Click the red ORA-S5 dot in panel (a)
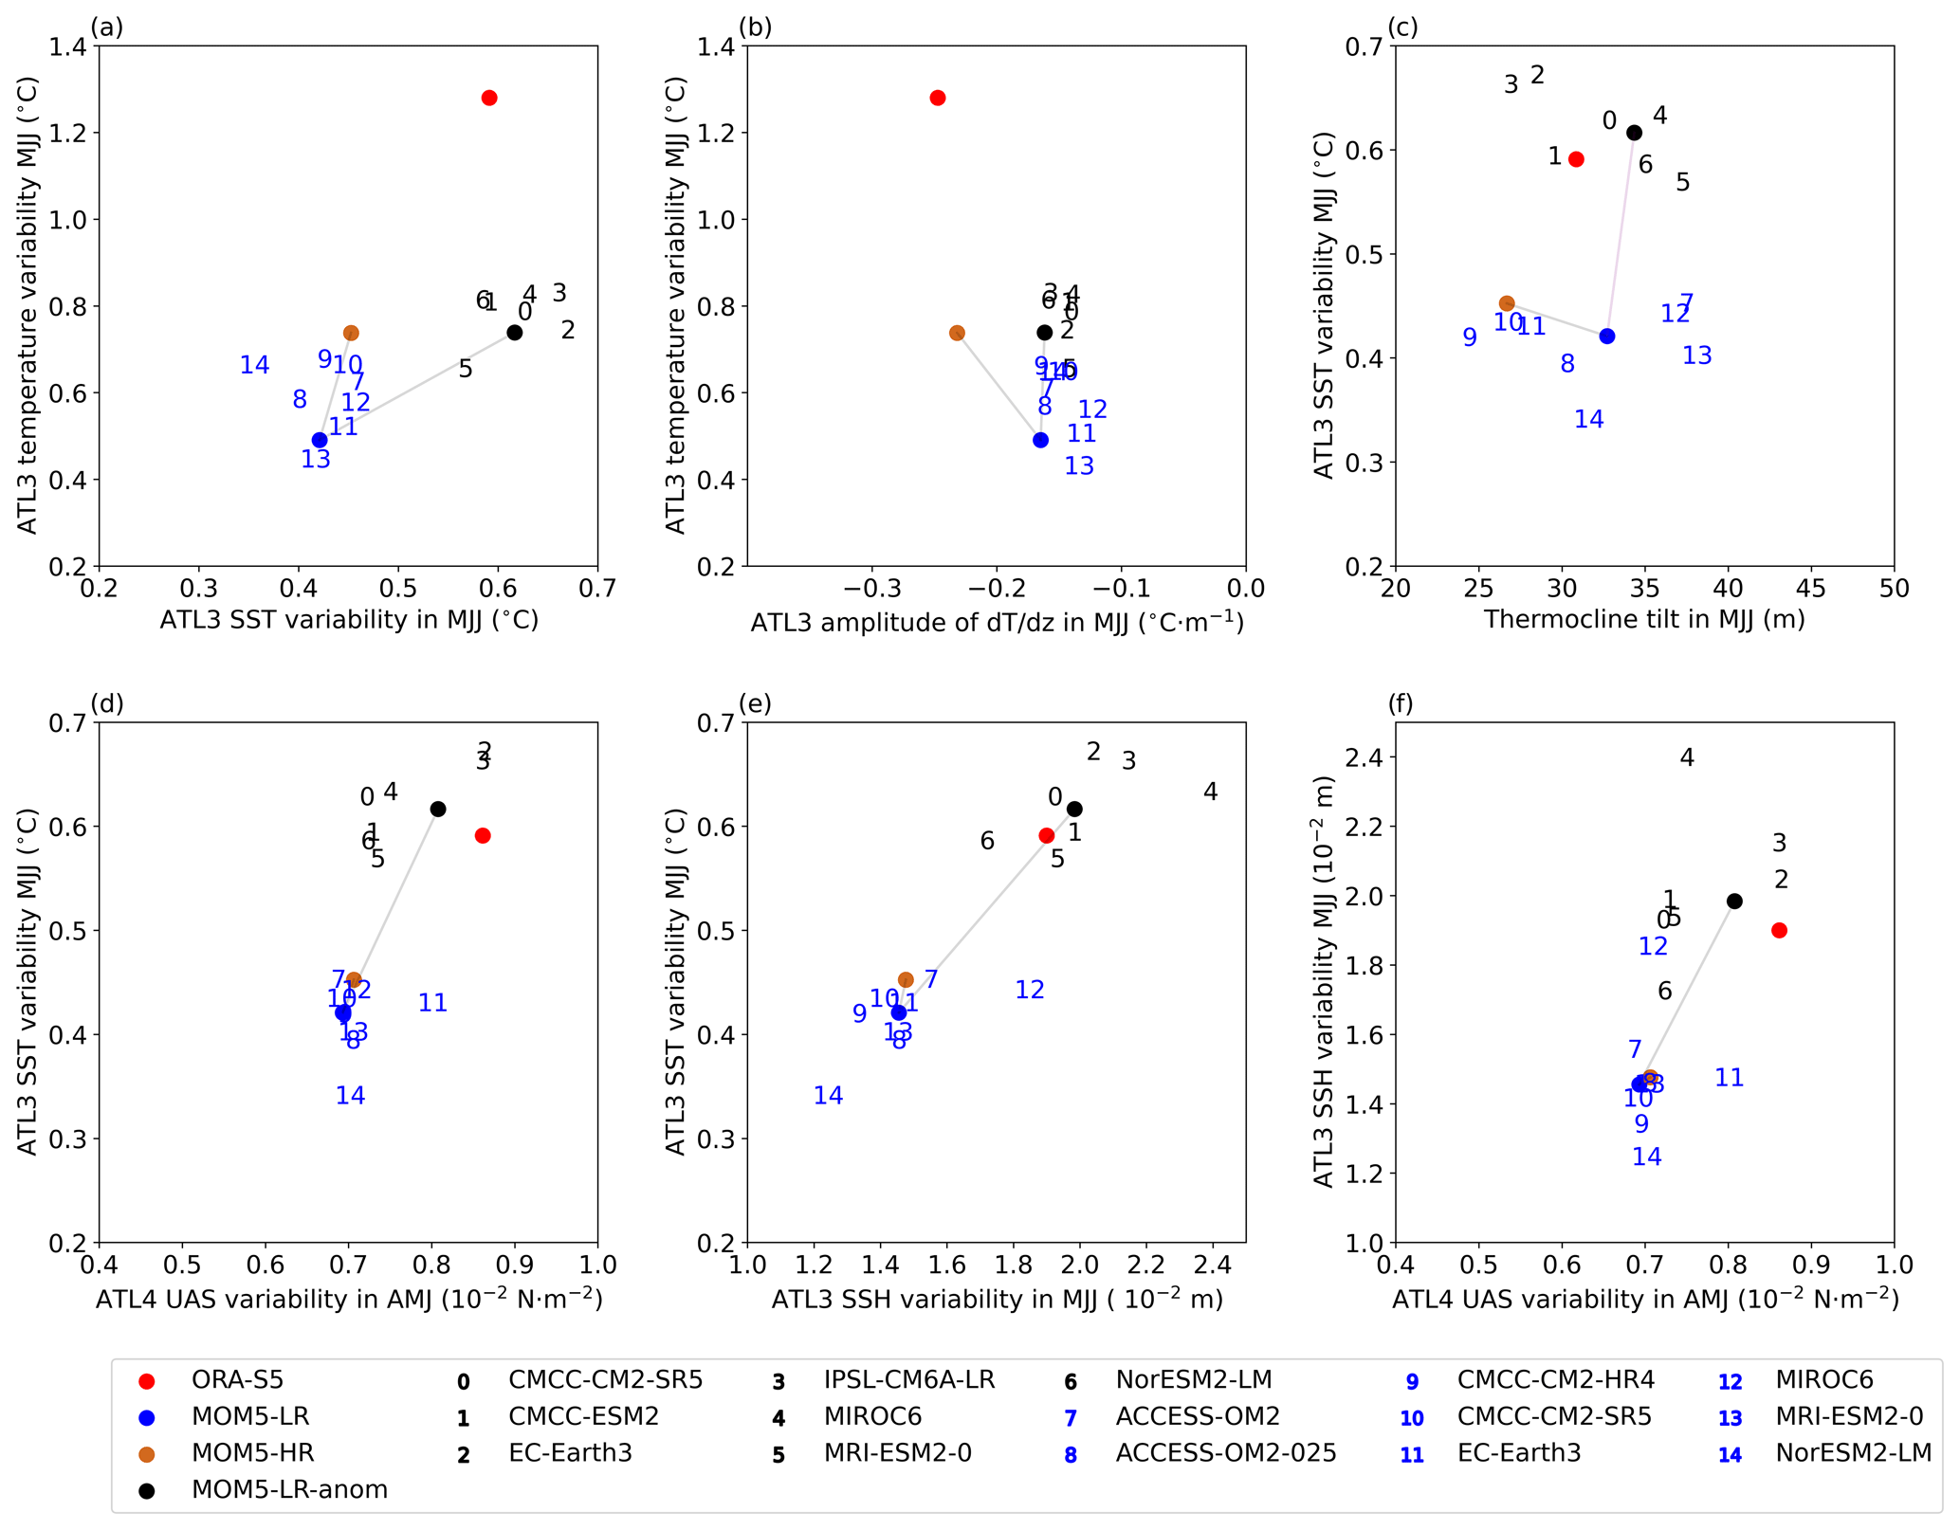[489, 98]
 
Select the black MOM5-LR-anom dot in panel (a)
[515, 332]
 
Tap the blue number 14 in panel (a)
[254, 365]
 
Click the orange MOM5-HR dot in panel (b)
[957, 333]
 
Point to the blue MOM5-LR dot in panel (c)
[1607, 337]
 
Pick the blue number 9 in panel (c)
[1470, 337]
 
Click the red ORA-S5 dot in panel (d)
[483, 835]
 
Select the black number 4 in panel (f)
[1687, 757]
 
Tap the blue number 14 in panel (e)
[829, 1096]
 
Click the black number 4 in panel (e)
[1211, 792]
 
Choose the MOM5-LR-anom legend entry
[289, 1489]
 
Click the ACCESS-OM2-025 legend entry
[1225, 1452]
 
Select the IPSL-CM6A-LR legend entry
[908, 1379]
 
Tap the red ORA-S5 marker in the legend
[146, 1380]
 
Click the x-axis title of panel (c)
[1644, 619]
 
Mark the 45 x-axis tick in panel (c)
[1811, 589]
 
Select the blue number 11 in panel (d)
[432, 1003]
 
